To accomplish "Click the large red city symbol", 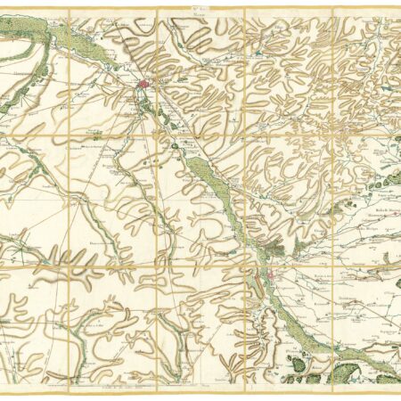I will (144, 86).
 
